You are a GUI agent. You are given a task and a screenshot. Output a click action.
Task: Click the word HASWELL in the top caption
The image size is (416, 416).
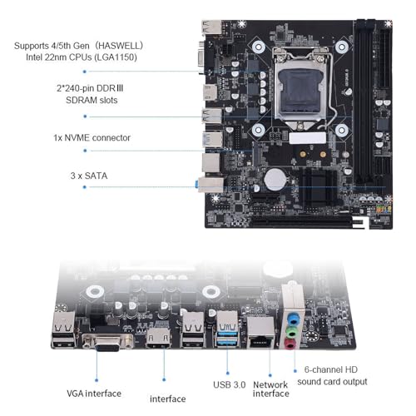[119, 46]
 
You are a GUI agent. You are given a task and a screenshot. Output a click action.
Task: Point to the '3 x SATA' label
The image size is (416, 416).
[89, 176]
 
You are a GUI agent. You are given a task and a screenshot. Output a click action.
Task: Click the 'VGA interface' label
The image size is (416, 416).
[94, 394]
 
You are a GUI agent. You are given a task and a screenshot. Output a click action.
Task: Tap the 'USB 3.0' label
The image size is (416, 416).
[230, 384]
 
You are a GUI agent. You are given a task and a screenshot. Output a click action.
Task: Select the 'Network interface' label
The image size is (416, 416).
[271, 389]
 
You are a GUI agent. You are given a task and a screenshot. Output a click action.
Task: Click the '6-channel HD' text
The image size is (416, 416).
[331, 369]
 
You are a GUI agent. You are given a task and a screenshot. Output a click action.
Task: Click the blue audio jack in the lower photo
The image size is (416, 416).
[292, 319]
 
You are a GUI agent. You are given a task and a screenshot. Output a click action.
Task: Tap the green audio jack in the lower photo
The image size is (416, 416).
[291, 331]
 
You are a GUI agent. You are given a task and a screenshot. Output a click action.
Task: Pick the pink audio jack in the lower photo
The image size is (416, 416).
[290, 344]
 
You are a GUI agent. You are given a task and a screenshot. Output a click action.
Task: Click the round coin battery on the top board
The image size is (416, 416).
[275, 180]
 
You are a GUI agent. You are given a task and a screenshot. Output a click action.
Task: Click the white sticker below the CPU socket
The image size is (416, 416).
[307, 138]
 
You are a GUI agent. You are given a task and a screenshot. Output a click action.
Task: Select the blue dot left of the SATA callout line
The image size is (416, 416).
[85, 187]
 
